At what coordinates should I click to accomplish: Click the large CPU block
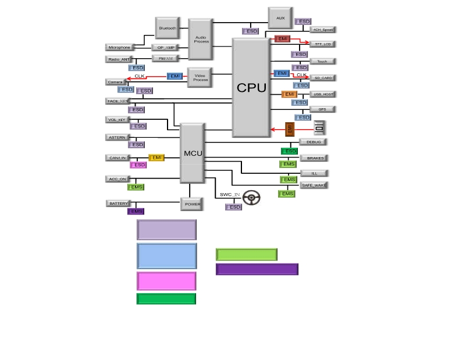[251, 87]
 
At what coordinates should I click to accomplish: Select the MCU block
[193, 153]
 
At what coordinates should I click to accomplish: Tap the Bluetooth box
[167, 28]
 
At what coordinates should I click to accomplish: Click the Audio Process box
[201, 40]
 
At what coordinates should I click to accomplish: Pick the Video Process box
[200, 78]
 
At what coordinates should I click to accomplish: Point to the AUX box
[280, 18]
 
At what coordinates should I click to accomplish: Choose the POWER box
[193, 204]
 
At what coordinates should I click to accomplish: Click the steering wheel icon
[251, 198]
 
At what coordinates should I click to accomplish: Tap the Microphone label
[119, 47]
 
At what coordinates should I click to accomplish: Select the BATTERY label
[118, 204]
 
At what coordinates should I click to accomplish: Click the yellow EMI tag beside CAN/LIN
[156, 158]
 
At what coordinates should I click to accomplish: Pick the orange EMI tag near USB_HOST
[290, 94]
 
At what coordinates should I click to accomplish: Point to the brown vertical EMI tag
[290, 129]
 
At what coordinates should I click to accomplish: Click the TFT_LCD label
[322, 44]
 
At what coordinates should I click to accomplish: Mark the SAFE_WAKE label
[314, 185]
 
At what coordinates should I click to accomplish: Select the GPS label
[322, 109]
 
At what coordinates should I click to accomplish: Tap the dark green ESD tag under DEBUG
[290, 151]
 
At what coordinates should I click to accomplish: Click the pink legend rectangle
[166, 281]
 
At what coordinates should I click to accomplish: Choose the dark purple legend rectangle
[257, 269]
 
